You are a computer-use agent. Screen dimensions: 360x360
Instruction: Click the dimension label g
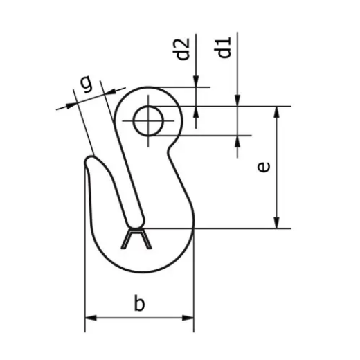coord(86,83)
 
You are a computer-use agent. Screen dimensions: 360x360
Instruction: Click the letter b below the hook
coord(140,303)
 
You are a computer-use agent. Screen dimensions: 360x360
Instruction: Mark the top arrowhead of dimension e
coord(278,112)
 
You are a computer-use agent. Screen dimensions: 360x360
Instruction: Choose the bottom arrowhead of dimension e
coord(278,222)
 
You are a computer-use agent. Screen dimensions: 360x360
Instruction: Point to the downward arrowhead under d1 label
coord(237,101)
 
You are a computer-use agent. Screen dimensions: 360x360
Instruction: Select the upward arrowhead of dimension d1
coord(237,141)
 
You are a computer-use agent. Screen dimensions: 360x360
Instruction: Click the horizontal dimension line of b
coord(139,318)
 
